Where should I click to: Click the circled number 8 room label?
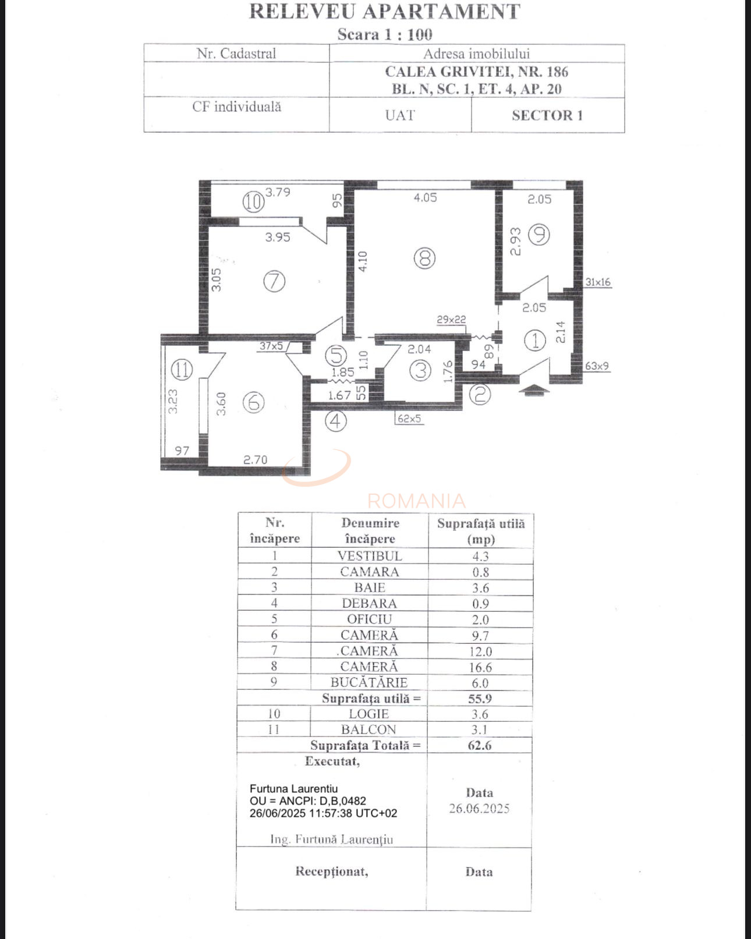424,257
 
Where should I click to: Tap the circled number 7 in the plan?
274,282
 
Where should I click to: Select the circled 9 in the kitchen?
539,235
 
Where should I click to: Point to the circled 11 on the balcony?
182,369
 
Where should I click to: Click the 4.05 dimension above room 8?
425,198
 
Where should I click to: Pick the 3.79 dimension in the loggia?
278,192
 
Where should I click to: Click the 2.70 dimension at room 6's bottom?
255,460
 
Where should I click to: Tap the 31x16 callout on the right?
598,282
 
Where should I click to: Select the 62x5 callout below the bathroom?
409,419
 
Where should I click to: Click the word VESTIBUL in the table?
370,556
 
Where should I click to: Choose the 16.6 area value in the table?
480,668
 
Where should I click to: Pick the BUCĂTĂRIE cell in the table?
369,683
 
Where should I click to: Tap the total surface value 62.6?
480,745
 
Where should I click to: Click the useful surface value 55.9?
480,699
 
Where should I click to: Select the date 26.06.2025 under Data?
479,809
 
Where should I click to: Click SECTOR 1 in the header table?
547,115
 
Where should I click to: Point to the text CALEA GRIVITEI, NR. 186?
476,72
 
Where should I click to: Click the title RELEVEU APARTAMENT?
384,12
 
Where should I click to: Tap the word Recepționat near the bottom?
331,871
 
